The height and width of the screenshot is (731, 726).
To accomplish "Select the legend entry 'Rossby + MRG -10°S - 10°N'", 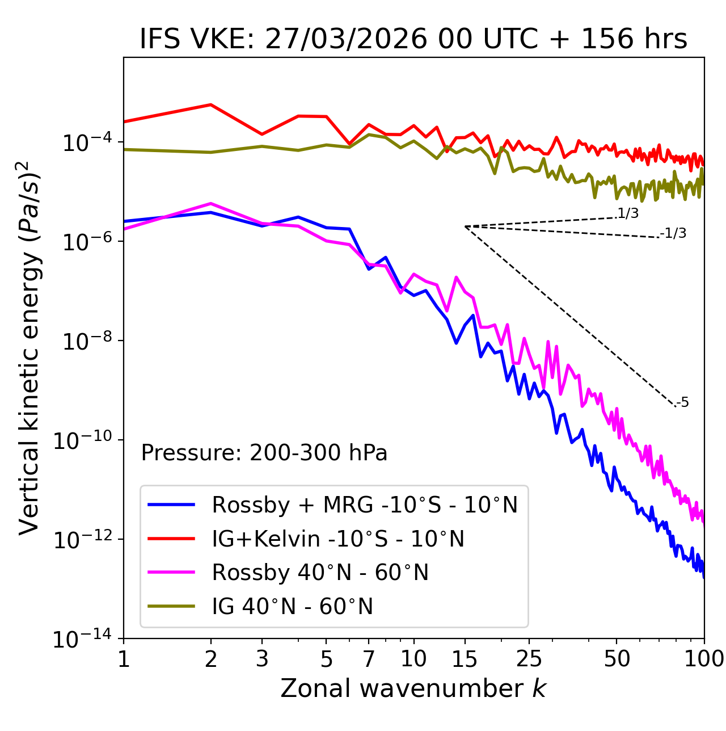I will [364, 505].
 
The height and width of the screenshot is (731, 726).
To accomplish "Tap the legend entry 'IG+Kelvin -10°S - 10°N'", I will [338, 539].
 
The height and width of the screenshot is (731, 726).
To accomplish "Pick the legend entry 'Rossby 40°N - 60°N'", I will [320, 573].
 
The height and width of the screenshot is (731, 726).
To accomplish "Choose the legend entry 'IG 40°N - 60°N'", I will [292, 607].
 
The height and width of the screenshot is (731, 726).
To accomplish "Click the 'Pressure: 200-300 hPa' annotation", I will [264, 453].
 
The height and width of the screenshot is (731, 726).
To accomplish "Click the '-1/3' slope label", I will [674, 233].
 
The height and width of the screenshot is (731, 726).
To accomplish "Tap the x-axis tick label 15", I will [465, 659].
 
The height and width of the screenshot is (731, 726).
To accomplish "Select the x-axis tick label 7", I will [369, 659].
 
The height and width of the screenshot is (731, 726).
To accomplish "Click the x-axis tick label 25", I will [529, 659].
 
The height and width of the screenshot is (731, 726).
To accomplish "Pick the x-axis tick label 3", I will [262, 659].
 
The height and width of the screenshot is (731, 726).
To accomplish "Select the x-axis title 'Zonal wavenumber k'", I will [413, 688].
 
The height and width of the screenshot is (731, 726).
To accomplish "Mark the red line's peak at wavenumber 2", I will [211, 104].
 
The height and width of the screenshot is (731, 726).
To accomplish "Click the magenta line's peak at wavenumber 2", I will [211, 203].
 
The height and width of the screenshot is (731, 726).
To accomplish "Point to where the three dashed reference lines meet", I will [465, 226].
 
